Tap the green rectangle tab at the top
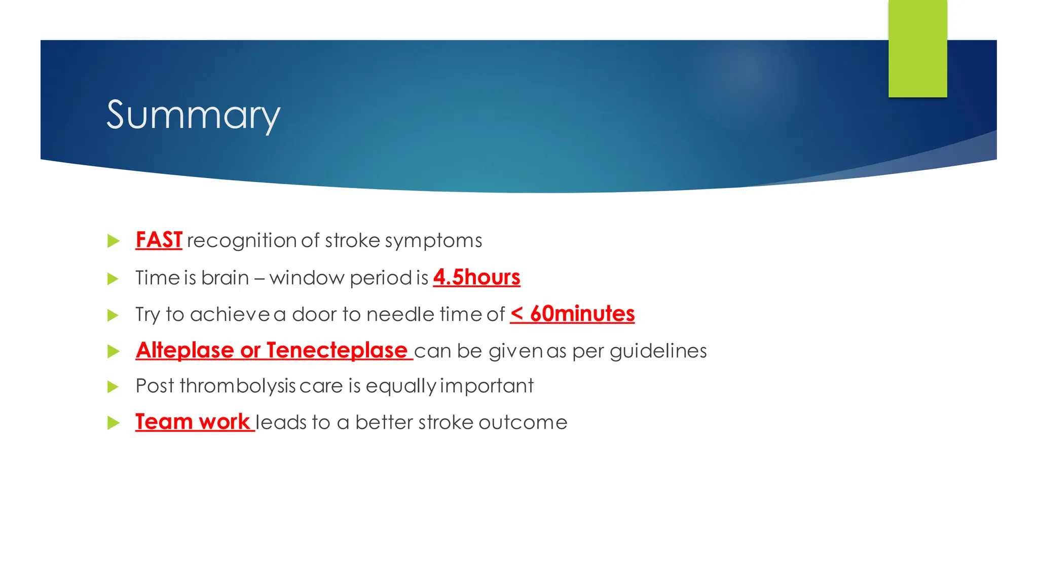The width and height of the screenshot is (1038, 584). (x=917, y=49)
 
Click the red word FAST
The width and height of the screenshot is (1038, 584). (x=159, y=240)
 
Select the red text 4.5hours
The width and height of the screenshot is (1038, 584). (x=476, y=277)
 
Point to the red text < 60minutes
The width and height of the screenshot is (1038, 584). (x=572, y=314)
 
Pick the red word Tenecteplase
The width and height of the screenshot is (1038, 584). (x=337, y=350)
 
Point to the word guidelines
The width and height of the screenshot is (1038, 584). (x=658, y=351)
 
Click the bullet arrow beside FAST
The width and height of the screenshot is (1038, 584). (x=114, y=241)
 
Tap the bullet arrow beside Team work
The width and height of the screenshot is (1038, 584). (x=114, y=423)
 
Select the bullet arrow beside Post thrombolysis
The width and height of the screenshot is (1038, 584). (x=114, y=387)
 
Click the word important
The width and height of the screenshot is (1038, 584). (x=487, y=386)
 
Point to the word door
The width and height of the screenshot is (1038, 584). (x=314, y=314)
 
